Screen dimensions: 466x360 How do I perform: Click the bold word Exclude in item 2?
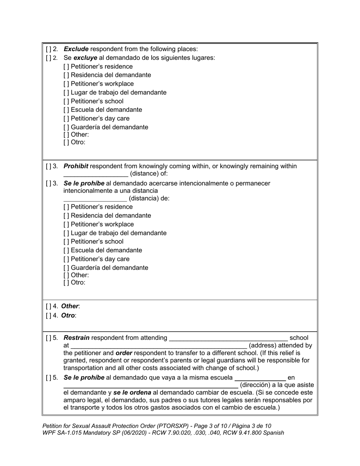point(76,49)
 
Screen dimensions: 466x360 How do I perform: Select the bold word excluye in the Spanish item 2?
point(85,58)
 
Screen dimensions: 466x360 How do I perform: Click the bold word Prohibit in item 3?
point(76,166)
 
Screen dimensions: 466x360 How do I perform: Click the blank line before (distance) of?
point(95,175)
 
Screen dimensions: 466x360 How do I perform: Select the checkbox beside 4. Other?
point(49,306)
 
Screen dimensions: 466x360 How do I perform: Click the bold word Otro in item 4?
point(68,315)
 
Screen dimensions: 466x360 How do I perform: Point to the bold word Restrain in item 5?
point(77,338)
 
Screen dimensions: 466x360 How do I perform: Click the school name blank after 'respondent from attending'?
point(229,338)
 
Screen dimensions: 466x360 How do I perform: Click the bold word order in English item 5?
point(124,353)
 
